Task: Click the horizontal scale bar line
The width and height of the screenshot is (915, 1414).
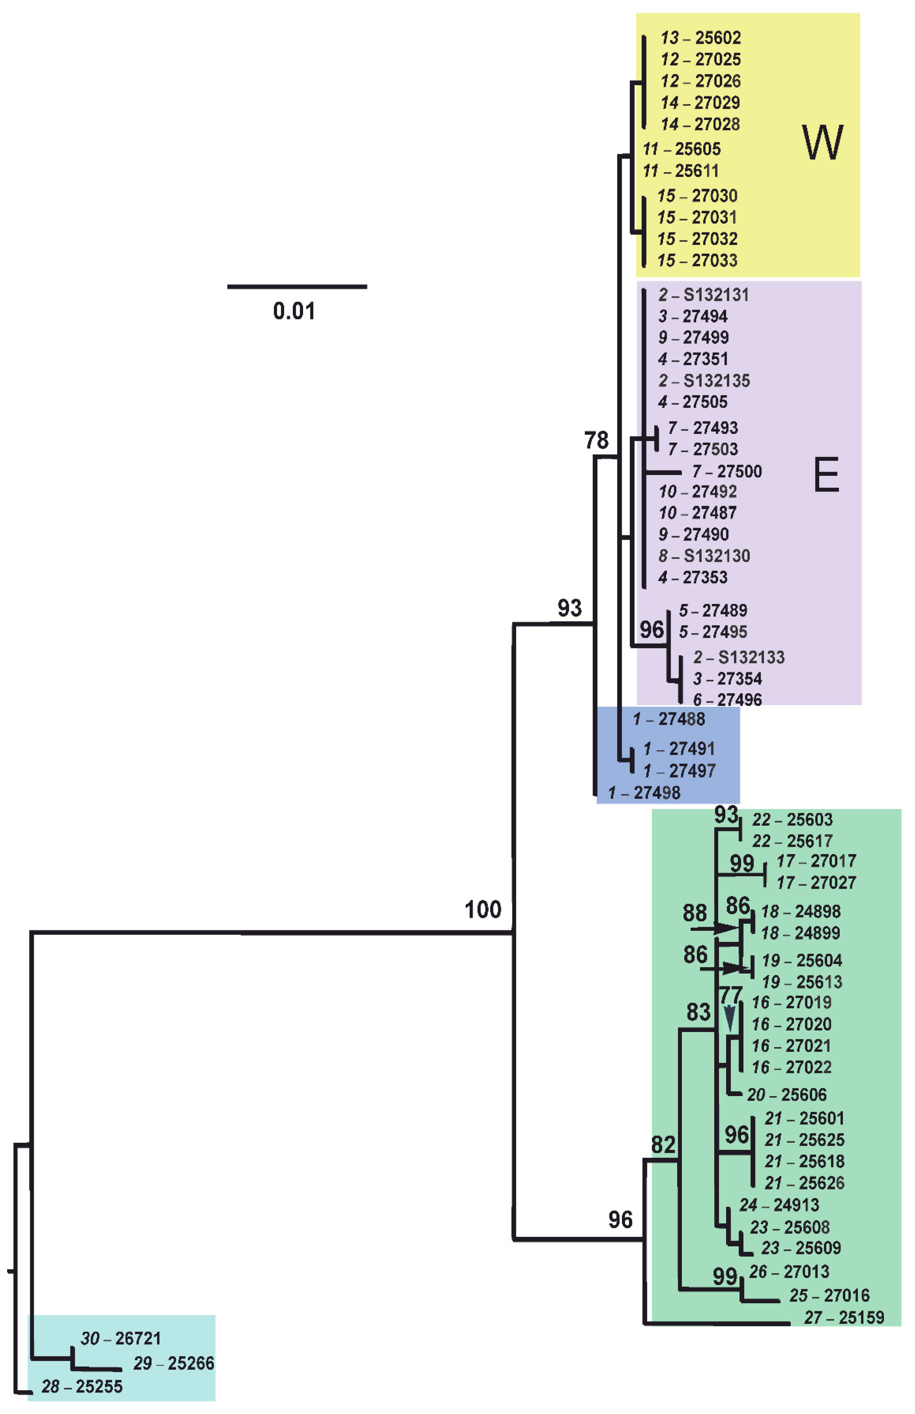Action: tap(297, 287)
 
